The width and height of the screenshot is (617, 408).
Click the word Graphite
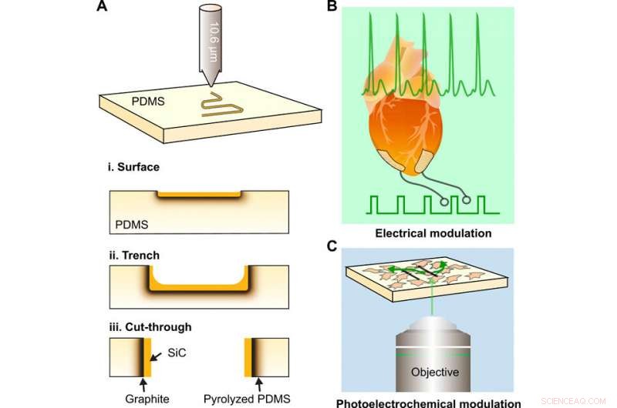[147, 399]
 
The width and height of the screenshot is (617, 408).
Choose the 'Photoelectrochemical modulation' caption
[428, 402]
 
